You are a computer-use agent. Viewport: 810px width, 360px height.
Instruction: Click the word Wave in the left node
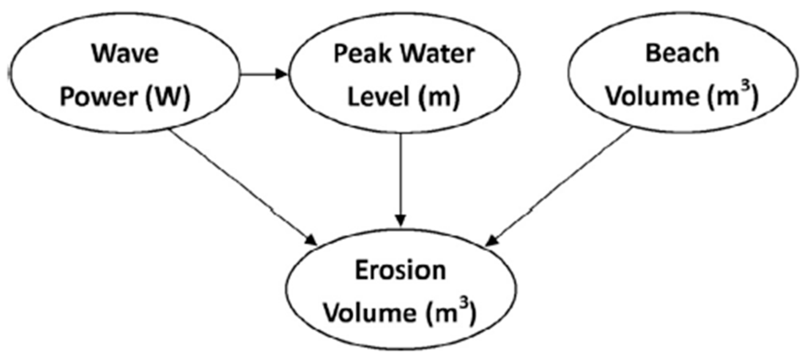click(x=125, y=53)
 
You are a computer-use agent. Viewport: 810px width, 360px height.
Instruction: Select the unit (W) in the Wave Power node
click(x=168, y=97)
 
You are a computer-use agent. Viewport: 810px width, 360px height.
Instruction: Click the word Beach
click(x=682, y=53)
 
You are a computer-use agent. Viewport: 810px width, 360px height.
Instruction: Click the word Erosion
click(x=400, y=271)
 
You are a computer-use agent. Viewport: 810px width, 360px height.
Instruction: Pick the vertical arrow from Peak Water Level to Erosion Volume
click(x=401, y=179)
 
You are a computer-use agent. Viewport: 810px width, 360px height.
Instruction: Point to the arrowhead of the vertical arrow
click(x=401, y=220)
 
